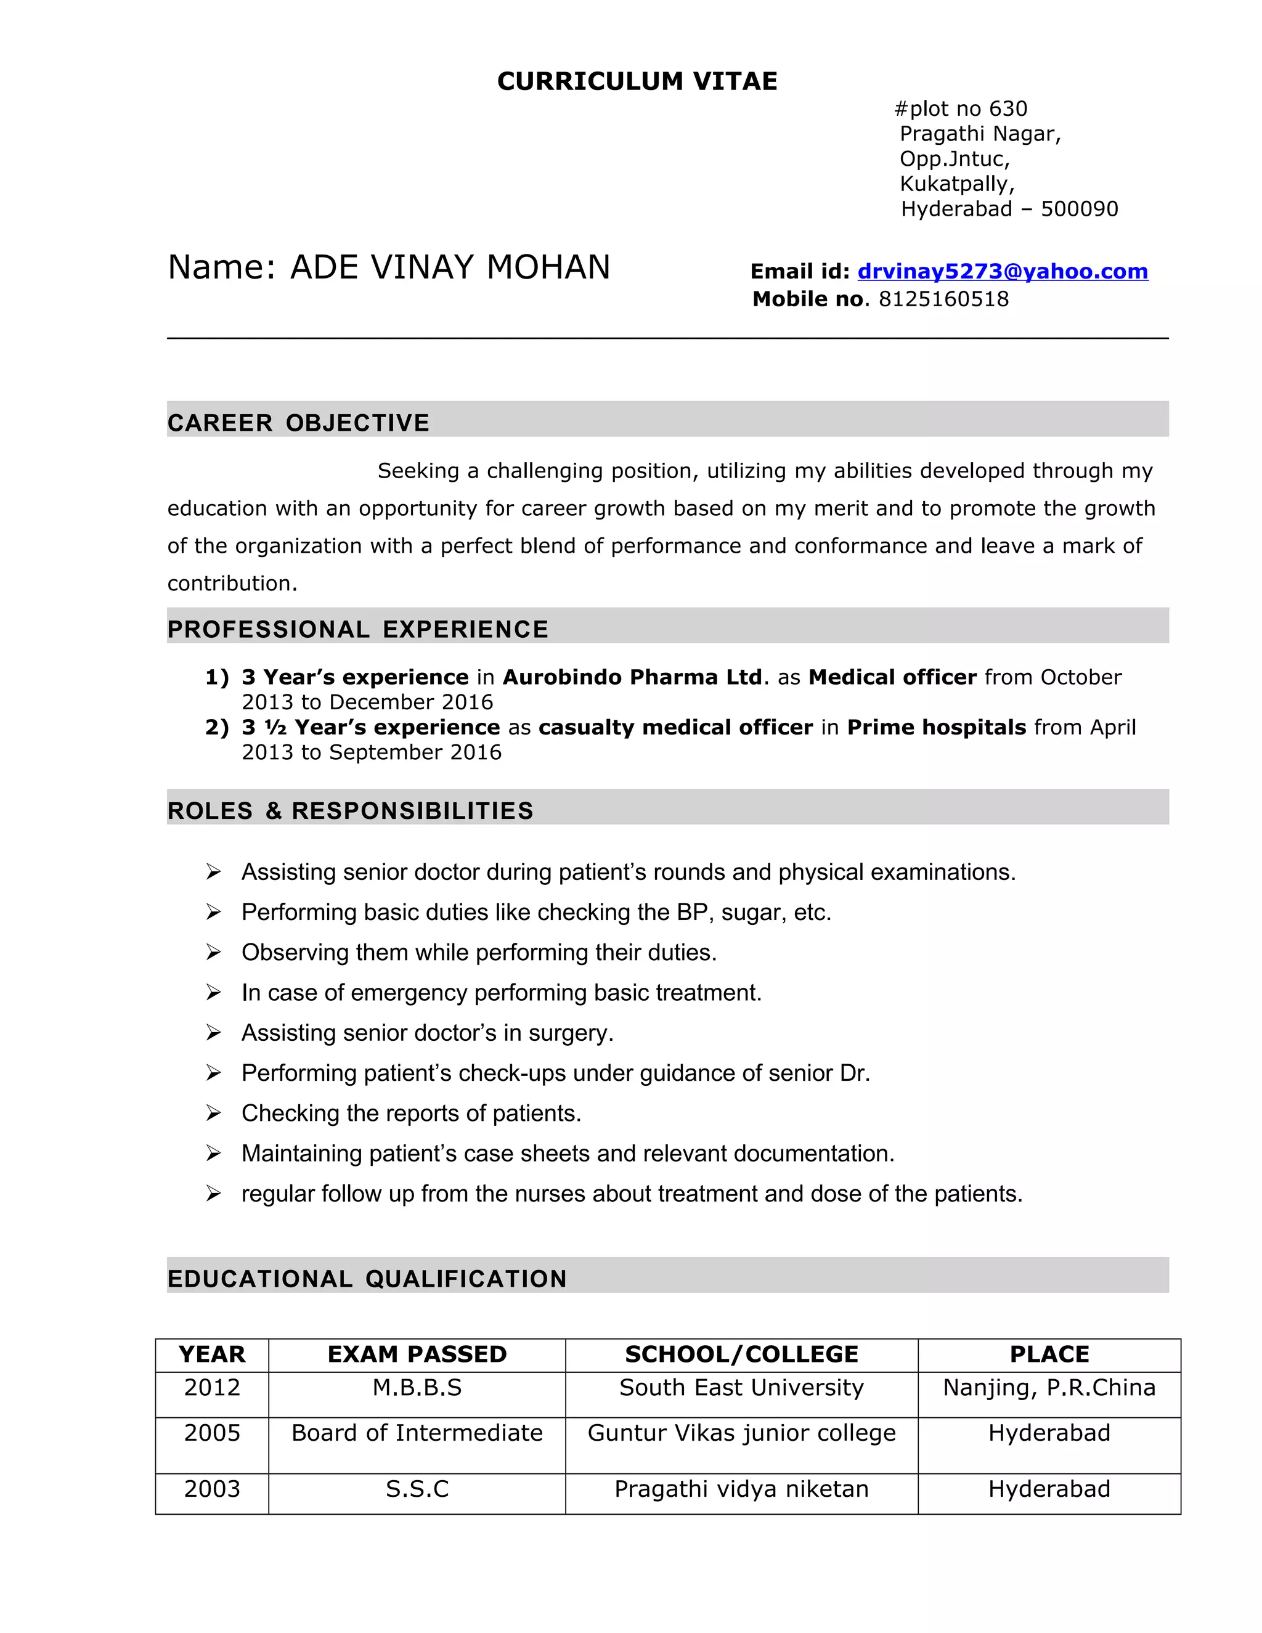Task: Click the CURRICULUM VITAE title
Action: [x=637, y=81]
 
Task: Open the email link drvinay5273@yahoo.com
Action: [x=1002, y=271]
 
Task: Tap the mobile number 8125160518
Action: [x=943, y=299]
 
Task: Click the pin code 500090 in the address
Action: [x=1079, y=209]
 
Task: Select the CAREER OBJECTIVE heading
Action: [x=298, y=423]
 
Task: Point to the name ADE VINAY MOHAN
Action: [x=449, y=267]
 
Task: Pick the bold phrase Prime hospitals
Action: [x=936, y=728]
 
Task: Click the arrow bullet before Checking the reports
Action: [x=214, y=1114]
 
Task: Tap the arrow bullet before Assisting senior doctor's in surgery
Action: [x=214, y=1033]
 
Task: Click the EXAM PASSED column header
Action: [x=417, y=1355]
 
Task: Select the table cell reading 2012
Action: [x=213, y=1388]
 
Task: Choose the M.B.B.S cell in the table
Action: [x=417, y=1388]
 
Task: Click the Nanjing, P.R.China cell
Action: [x=1049, y=1388]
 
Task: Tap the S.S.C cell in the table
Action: [x=417, y=1489]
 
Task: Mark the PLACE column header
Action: [x=1049, y=1355]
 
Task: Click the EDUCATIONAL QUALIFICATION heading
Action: [x=367, y=1279]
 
